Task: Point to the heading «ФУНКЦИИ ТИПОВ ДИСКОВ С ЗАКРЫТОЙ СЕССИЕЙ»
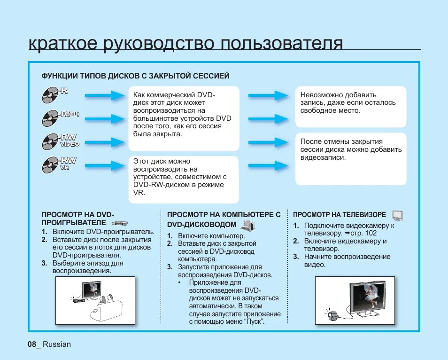135,76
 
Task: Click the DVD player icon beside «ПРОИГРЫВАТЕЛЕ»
120,223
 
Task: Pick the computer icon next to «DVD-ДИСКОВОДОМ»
248,225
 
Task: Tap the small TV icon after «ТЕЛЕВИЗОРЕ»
398,216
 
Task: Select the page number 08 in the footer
32,344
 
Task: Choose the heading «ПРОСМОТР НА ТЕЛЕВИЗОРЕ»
340,215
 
